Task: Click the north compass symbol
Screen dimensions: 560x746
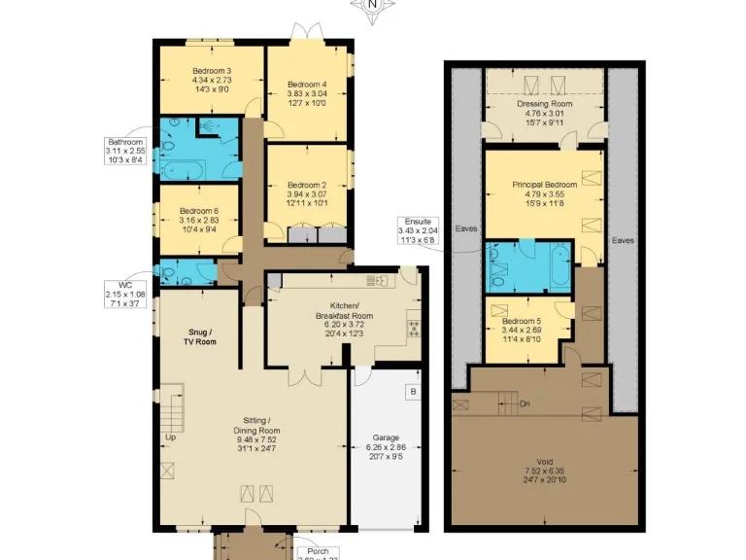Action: [373, 6]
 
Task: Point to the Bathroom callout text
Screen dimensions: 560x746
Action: [126, 141]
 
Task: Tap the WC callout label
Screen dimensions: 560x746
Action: [124, 286]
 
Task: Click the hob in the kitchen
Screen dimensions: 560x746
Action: [412, 327]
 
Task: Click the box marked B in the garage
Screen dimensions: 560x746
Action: [412, 392]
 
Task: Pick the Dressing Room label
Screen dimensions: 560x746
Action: [545, 104]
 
